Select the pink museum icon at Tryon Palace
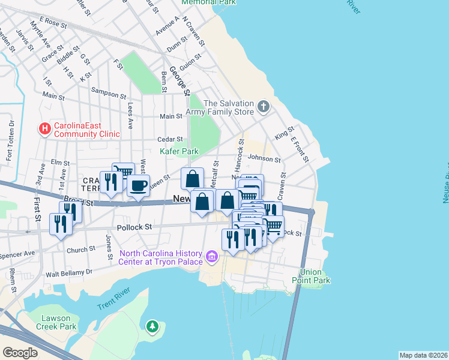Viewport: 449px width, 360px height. pos(211,257)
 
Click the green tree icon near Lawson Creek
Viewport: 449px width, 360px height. pos(152,327)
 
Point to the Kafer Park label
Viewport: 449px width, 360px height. pos(179,151)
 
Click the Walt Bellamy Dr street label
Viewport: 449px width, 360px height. pos(71,272)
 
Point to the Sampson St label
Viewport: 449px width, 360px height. pos(109,91)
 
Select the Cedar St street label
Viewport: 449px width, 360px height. pos(169,139)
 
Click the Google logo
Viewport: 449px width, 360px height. pos(20,352)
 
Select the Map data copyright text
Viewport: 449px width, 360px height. pos(423,355)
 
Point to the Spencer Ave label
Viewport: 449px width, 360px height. pos(19,254)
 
